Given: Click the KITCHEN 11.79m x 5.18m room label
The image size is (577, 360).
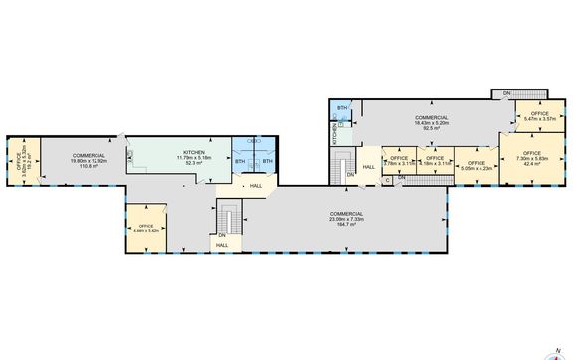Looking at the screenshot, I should [193, 155].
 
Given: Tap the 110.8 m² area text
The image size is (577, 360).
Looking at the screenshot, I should [90, 167].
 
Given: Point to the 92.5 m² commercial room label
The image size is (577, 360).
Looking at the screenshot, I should [432, 128].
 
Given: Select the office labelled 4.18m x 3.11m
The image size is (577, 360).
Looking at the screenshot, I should [435, 160].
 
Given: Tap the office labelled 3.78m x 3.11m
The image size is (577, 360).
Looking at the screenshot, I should [398, 160].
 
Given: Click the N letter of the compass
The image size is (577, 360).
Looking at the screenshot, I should [558, 339].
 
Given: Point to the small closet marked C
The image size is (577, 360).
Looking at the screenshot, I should [387, 180].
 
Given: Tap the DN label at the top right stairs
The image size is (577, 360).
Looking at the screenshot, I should [506, 94].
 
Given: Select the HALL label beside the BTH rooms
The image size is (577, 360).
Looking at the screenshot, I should [256, 186].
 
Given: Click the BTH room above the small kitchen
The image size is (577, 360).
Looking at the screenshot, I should [342, 108].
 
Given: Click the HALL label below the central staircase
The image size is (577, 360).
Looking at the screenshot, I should [222, 244].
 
